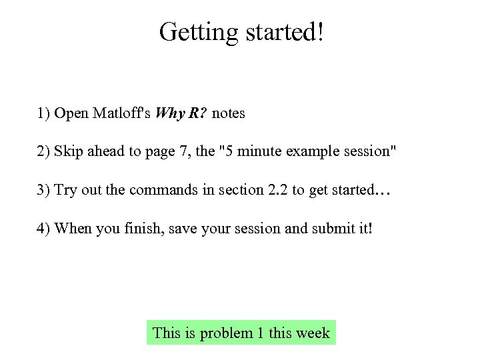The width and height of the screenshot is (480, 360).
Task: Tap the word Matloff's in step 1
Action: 122,113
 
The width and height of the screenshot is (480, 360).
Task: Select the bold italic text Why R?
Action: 181,113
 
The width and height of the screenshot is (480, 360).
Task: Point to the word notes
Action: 229,113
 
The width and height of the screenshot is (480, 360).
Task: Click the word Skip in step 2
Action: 68,151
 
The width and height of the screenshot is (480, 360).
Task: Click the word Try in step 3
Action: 65,190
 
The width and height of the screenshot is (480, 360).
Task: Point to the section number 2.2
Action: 278,190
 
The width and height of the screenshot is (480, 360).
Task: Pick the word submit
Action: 333,229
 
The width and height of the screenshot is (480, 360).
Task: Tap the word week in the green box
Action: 313,333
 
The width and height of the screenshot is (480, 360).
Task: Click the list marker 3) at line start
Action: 43,190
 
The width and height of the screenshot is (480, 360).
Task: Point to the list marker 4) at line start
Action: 43,229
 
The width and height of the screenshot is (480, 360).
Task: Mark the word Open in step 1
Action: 71,113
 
